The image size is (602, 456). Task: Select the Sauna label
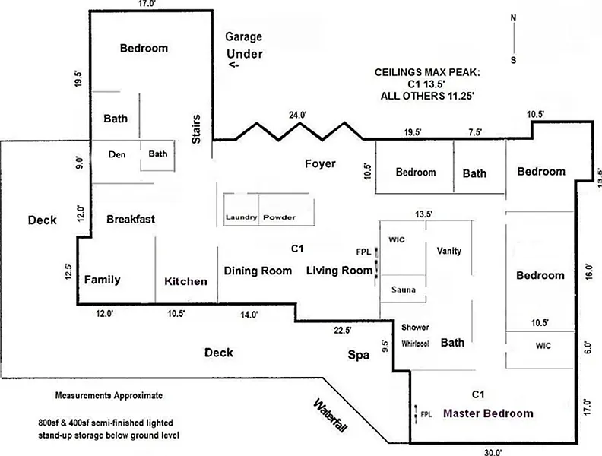[402, 290]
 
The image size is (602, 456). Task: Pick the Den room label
[116, 154]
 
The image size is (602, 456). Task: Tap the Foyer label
[320, 164]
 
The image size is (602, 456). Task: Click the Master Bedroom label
[487, 413]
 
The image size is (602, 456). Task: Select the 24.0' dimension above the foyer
[297, 115]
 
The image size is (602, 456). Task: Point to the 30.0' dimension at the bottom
[493, 451]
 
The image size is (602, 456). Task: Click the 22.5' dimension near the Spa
[343, 330]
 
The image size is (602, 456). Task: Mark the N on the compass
[513, 18]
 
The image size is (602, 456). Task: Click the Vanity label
[449, 251]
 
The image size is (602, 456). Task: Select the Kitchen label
[185, 281]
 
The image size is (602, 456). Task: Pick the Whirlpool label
[416, 344]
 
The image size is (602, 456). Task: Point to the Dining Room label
[258, 271]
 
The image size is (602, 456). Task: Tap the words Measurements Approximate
[109, 397]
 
